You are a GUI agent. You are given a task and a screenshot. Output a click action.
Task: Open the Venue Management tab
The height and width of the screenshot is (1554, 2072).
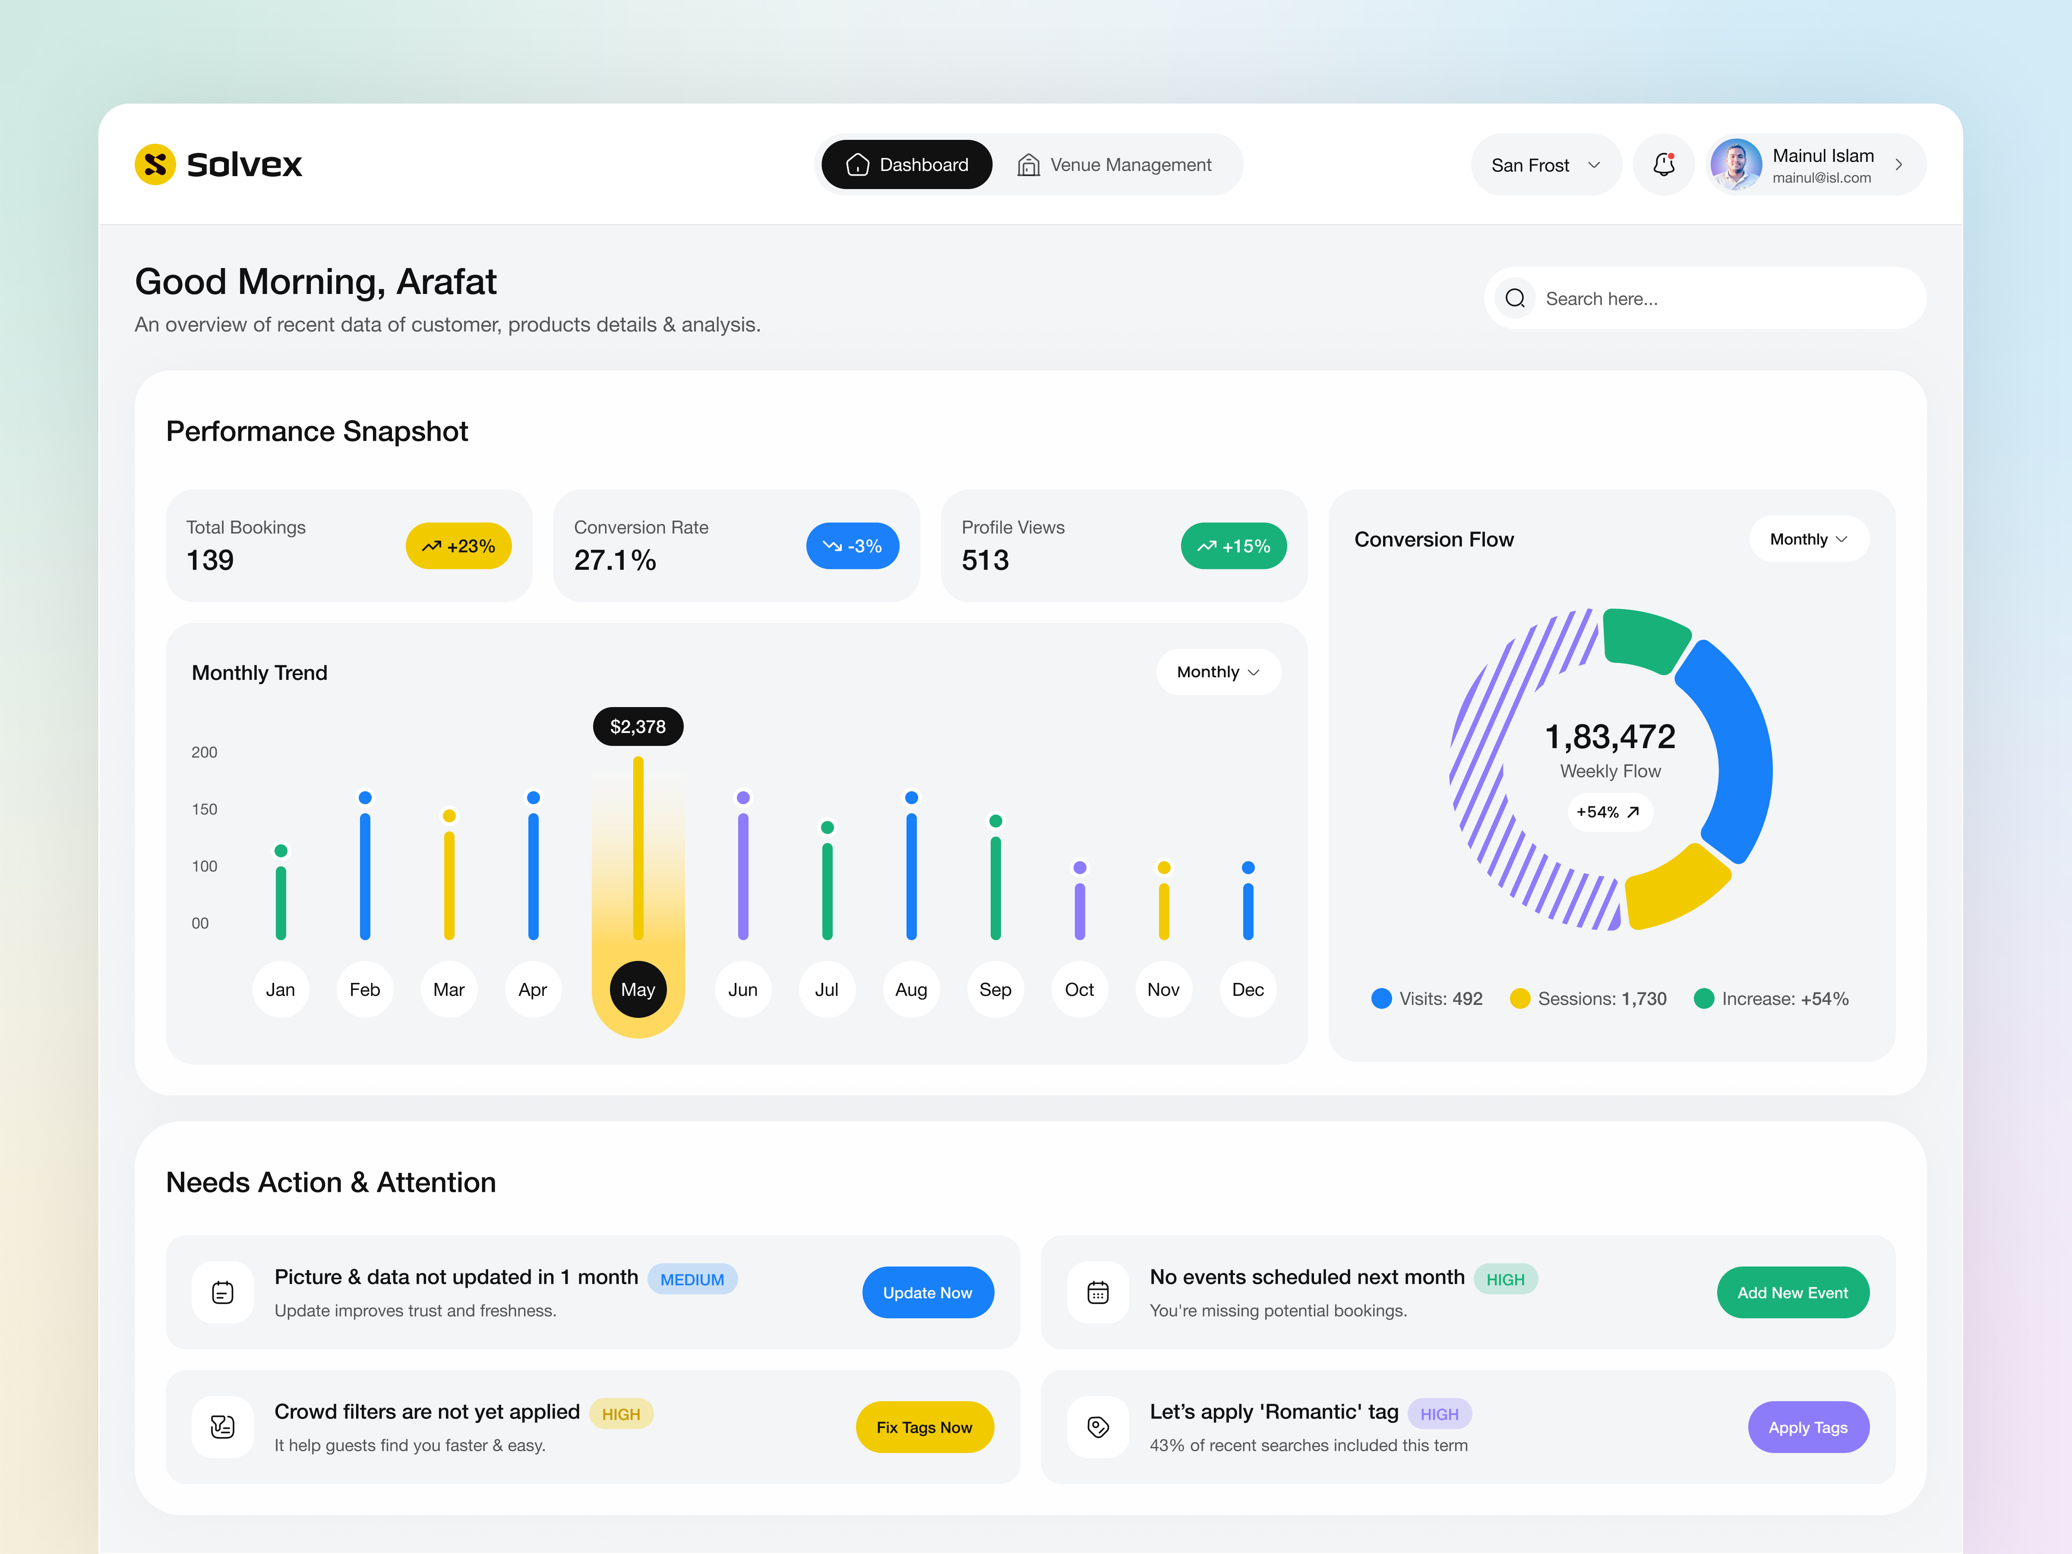[1115, 165]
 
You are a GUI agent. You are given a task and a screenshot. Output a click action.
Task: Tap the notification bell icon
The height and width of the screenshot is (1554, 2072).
[1664, 165]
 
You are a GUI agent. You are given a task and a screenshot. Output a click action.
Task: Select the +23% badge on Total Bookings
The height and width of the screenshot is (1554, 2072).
[458, 546]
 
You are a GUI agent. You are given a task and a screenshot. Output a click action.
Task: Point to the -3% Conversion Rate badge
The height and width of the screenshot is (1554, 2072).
[852, 546]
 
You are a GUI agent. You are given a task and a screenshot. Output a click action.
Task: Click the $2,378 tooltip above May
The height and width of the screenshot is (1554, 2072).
[638, 727]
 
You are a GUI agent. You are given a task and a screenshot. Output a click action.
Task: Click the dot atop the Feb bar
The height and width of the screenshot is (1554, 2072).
[365, 797]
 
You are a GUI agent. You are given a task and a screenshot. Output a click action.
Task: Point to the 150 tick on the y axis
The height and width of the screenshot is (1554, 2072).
[204, 809]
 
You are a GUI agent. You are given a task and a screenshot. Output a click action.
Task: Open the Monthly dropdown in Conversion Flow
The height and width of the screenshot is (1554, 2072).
[1808, 540]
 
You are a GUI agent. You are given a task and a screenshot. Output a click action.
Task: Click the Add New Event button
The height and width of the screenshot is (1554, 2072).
[1792, 1293]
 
